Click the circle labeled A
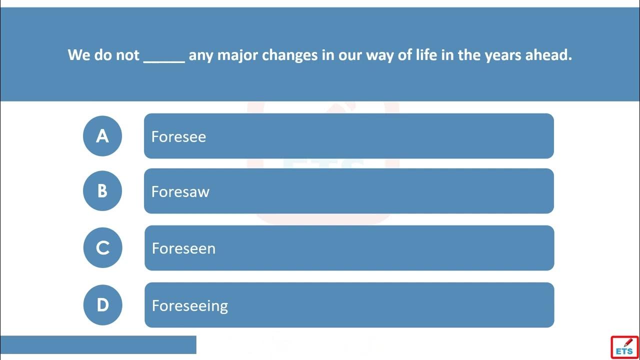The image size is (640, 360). tap(102, 136)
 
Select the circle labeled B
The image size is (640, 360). tap(102, 191)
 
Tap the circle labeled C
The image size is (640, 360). tap(102, 247)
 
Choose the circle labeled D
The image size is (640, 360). tap(102, 305)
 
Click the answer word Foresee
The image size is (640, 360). tap(178, 136)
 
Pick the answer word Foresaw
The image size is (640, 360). tap(180, 191)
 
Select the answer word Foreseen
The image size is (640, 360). tap(183, 248)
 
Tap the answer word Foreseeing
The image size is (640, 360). tap(190, 306)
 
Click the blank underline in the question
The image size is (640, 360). tap(164, 61)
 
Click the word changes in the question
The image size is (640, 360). tap(289, 55)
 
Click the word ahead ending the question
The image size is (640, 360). tap(548, 54)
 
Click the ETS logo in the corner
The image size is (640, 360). tap(624, 347)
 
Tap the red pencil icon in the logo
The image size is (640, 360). tap(628, 342)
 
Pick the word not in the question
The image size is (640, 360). tap(127, 55)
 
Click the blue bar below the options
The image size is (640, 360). tap(98, 345)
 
